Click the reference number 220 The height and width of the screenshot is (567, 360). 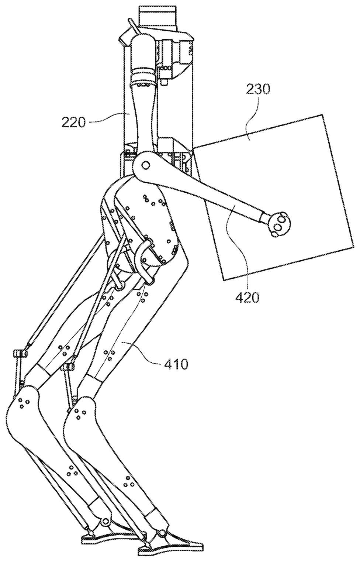click(x=74, y=122)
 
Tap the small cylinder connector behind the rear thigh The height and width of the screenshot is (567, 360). click(x=21, y=354)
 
